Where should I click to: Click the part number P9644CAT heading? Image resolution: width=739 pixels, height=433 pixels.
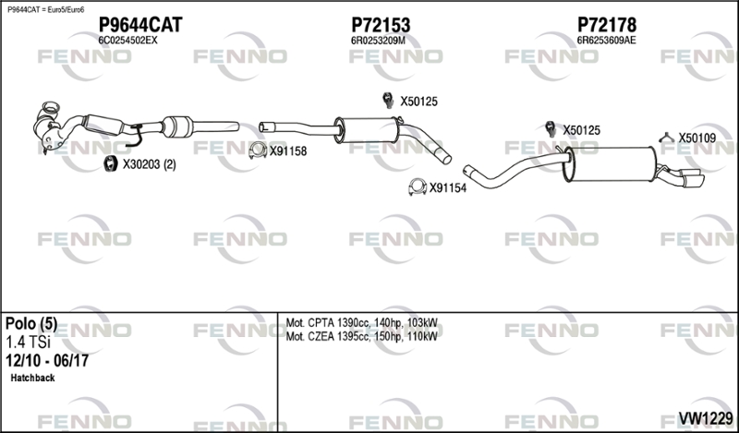pos(140,25)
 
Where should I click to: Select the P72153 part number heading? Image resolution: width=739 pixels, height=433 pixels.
pos(381,25)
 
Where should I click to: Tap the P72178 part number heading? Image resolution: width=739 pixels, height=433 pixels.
pos(607,25)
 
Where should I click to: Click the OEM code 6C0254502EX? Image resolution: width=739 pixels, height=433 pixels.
pos(127,41)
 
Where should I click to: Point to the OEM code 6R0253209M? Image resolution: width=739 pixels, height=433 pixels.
pos(378,41)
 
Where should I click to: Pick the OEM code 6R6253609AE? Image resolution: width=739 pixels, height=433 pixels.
pos(606,41)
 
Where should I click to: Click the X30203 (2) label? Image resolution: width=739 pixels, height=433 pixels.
pos(149,164)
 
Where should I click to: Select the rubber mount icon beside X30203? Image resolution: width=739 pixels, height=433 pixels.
pos(110,163)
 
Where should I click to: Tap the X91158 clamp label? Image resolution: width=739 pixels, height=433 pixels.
pos(288,151)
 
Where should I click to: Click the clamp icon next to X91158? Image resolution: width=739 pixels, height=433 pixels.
pos(258,150)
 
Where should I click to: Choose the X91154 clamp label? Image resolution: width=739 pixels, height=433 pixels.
pos(448,188)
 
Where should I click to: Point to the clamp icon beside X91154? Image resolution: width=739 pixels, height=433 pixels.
pos(418,187)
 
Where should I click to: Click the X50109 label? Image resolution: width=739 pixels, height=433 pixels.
pos(697,138)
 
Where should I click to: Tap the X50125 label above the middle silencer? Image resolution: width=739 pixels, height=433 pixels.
pos(419,102)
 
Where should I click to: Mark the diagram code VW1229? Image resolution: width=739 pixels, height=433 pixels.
pos(706,418)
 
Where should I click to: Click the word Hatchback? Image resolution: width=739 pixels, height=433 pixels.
pos(32,378)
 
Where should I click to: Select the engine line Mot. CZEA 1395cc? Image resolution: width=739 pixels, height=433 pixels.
pos(361,336)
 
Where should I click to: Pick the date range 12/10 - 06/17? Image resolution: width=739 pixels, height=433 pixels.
pos(47,361)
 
